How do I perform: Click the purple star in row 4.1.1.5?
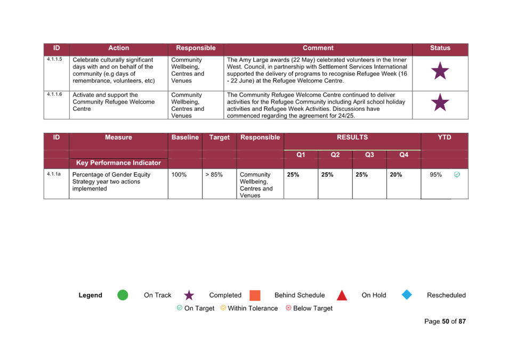(440, 71)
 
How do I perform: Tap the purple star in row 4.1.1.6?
(440, 103)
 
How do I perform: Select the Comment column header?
(318, 48)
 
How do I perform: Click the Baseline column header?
(185, 138)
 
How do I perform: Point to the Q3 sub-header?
(369, 155)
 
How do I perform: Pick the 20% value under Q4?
(395, 175)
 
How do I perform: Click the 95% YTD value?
(435, 175)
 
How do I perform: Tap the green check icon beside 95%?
(457, 175)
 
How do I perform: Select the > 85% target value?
(214, 175)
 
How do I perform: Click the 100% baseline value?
(179, 175)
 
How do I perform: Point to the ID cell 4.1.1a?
(53, 174)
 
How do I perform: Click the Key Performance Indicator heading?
(118, 163)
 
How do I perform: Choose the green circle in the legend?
(123, 295)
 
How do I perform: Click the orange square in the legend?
(255, 295)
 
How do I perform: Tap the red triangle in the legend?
(342, 295)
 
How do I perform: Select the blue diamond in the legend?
(407, 295)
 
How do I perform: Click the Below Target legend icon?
(288, 308)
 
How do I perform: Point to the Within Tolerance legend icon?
(223, 308)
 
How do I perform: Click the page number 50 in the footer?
(446, 322)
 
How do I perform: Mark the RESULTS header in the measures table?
(352, 138)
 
